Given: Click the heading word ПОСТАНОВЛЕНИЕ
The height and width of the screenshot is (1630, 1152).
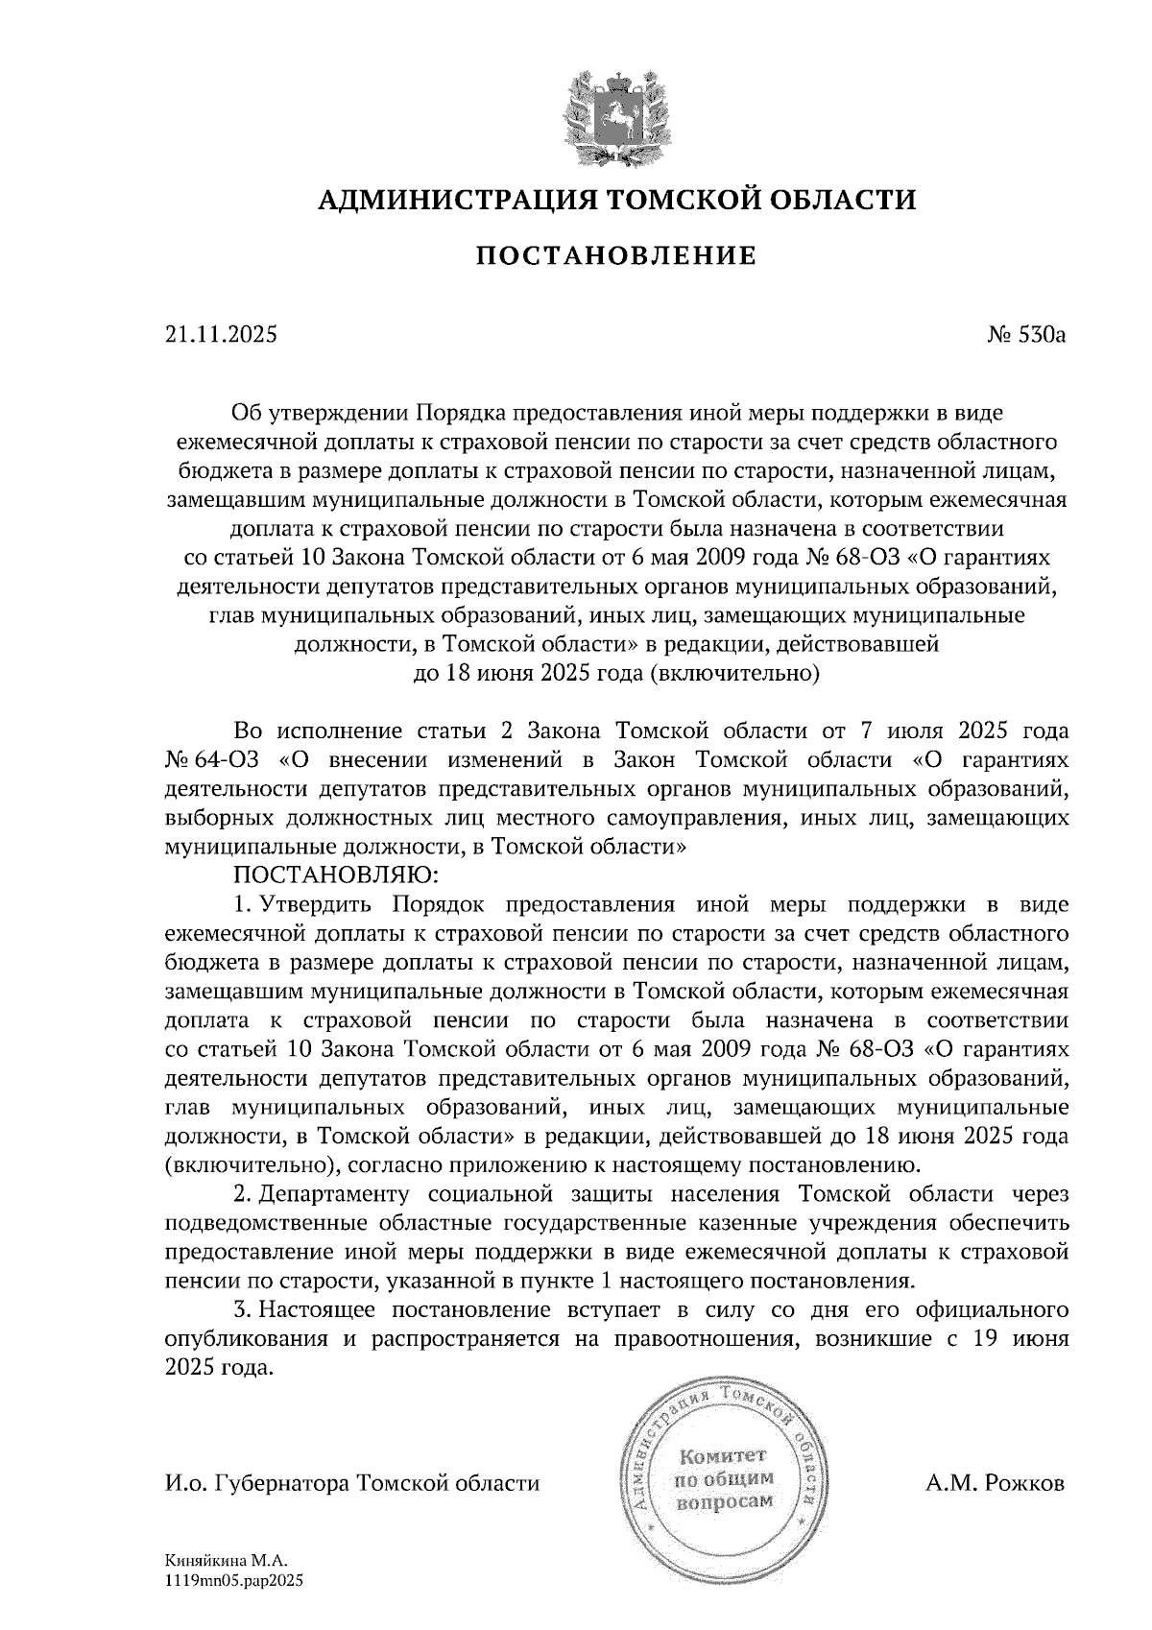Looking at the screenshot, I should (616, 255).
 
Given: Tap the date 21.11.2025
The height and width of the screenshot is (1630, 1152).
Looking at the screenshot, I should (221, 335).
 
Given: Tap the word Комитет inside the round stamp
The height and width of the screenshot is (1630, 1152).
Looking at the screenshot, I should (725, 1455).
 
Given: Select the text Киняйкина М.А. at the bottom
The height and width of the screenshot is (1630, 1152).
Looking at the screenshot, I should (227, 1562).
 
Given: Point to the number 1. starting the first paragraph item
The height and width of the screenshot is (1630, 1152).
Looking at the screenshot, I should (242, 904).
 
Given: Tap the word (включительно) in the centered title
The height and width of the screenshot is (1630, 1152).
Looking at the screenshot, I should (734, 674).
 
